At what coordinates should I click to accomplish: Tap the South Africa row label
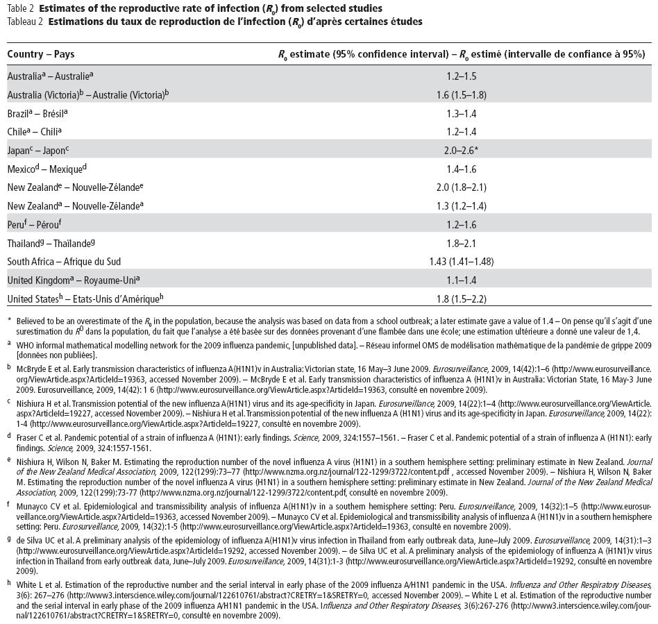64,262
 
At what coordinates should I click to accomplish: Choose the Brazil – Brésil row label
37,112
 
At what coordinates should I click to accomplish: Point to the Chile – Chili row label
35,131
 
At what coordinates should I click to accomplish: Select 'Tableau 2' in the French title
24,22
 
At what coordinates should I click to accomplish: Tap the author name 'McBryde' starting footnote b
32,369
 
